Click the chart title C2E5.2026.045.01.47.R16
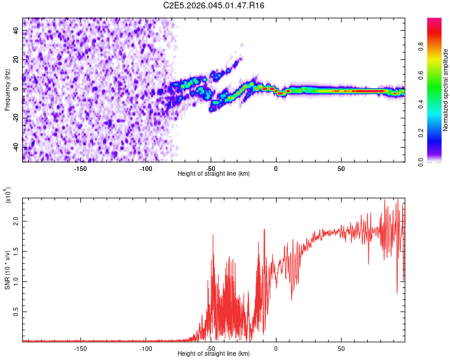(214, 5)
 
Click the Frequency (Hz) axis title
(7, 90)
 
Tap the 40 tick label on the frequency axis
(16, 30)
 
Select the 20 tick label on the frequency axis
(16, 59)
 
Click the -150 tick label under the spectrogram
(80, 169)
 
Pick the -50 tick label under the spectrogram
(211, 169)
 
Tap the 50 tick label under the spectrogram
(341, 169)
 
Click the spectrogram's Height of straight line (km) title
(214, 173)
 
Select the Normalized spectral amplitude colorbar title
(445, 90)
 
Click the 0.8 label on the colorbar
(421, 47)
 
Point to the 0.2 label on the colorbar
(421, 133)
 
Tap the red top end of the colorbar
(434, 19)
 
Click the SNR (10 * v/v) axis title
(7, 270)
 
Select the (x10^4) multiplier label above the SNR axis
(8, 195)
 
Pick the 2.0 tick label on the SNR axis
(16, 221)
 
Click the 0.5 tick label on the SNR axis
(16, 312)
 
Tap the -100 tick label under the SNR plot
(146, 349)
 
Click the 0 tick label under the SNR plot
(276, 349)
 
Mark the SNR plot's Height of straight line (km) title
(214, 353)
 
